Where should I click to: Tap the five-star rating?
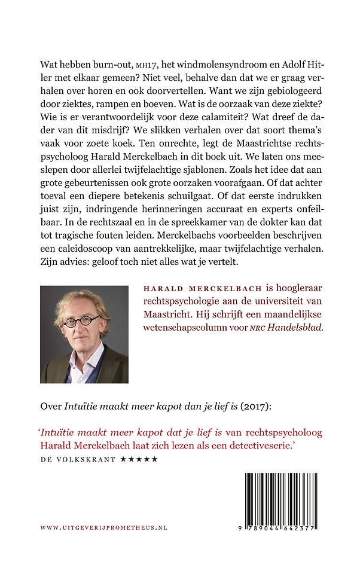click(x=139, y=460)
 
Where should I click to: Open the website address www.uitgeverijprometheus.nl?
click(x=103, y=528)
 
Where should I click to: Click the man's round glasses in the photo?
click(x=82, y=322)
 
